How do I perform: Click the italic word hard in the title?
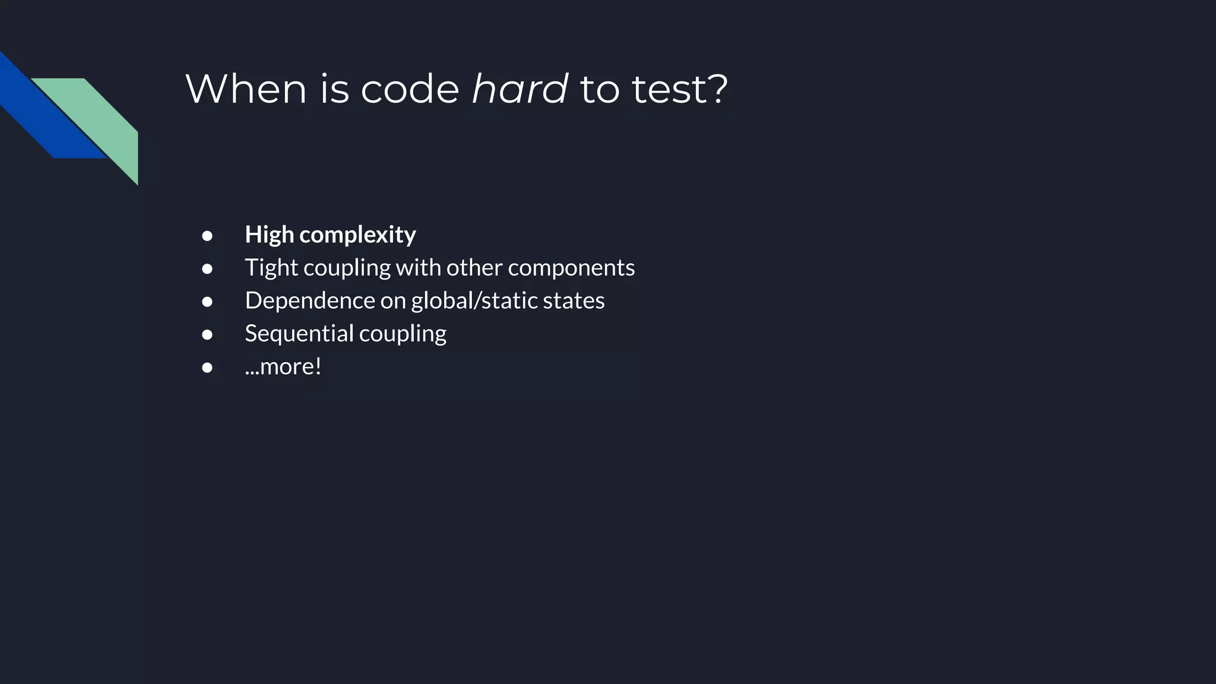point(520,89)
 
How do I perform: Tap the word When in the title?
point(246,89)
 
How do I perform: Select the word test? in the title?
point(679,89)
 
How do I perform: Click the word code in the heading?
point(410,89)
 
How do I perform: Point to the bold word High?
point(269,235)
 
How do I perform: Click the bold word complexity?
point(357,235)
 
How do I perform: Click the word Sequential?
point(299,334)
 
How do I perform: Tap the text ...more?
point(283,366)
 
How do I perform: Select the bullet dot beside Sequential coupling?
point(207,335)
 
